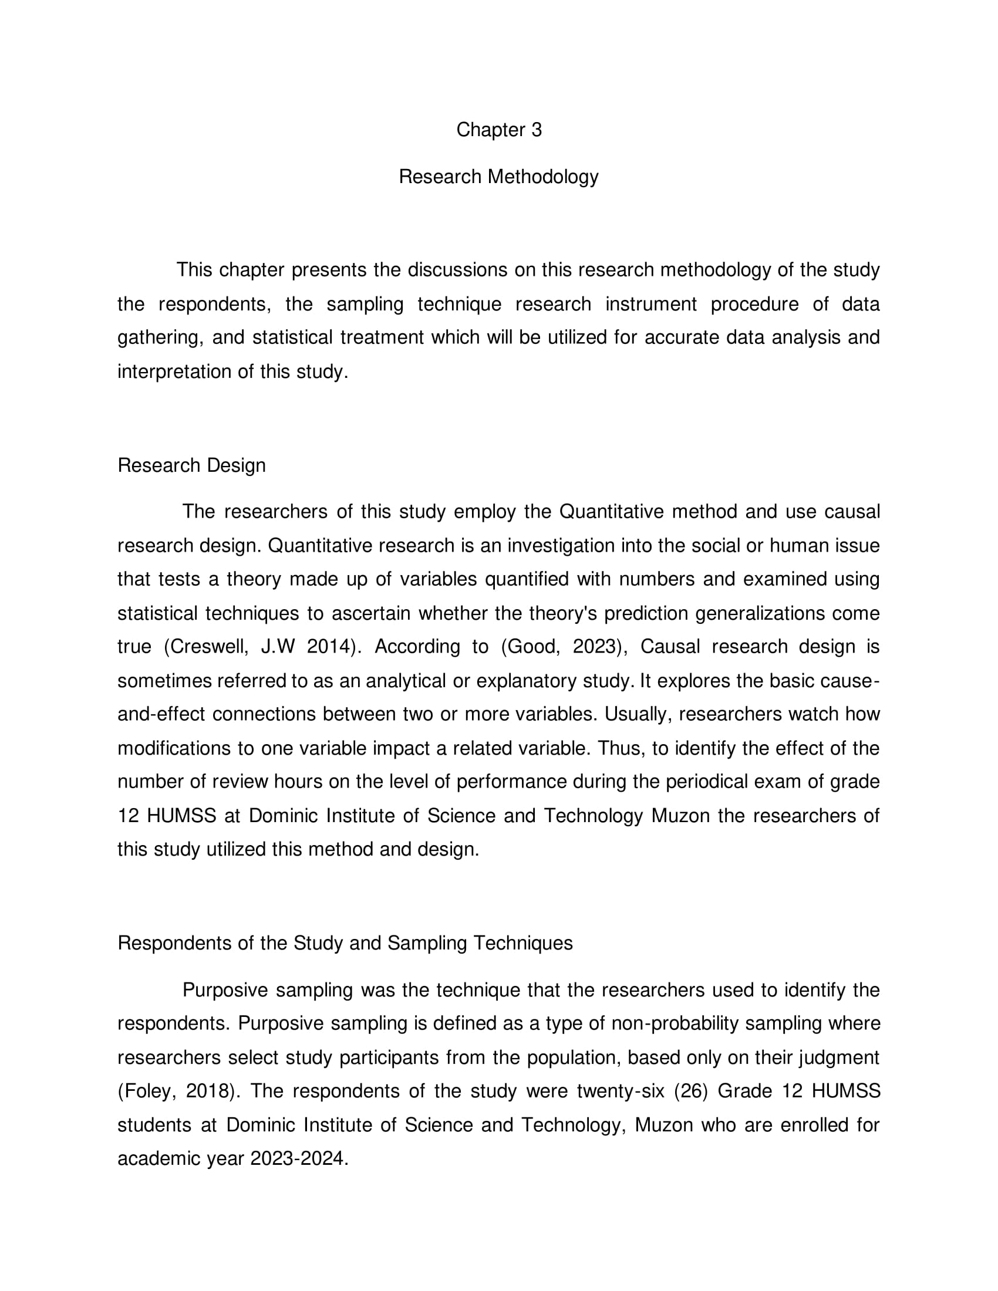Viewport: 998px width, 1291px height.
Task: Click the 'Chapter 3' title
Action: [498, 130]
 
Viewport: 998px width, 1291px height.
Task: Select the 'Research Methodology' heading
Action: [498, 177]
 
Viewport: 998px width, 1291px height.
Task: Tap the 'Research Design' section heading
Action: [191, 465]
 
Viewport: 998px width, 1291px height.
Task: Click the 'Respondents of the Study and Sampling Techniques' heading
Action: [345, 943]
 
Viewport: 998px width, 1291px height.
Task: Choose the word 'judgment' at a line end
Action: [839, 1057]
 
